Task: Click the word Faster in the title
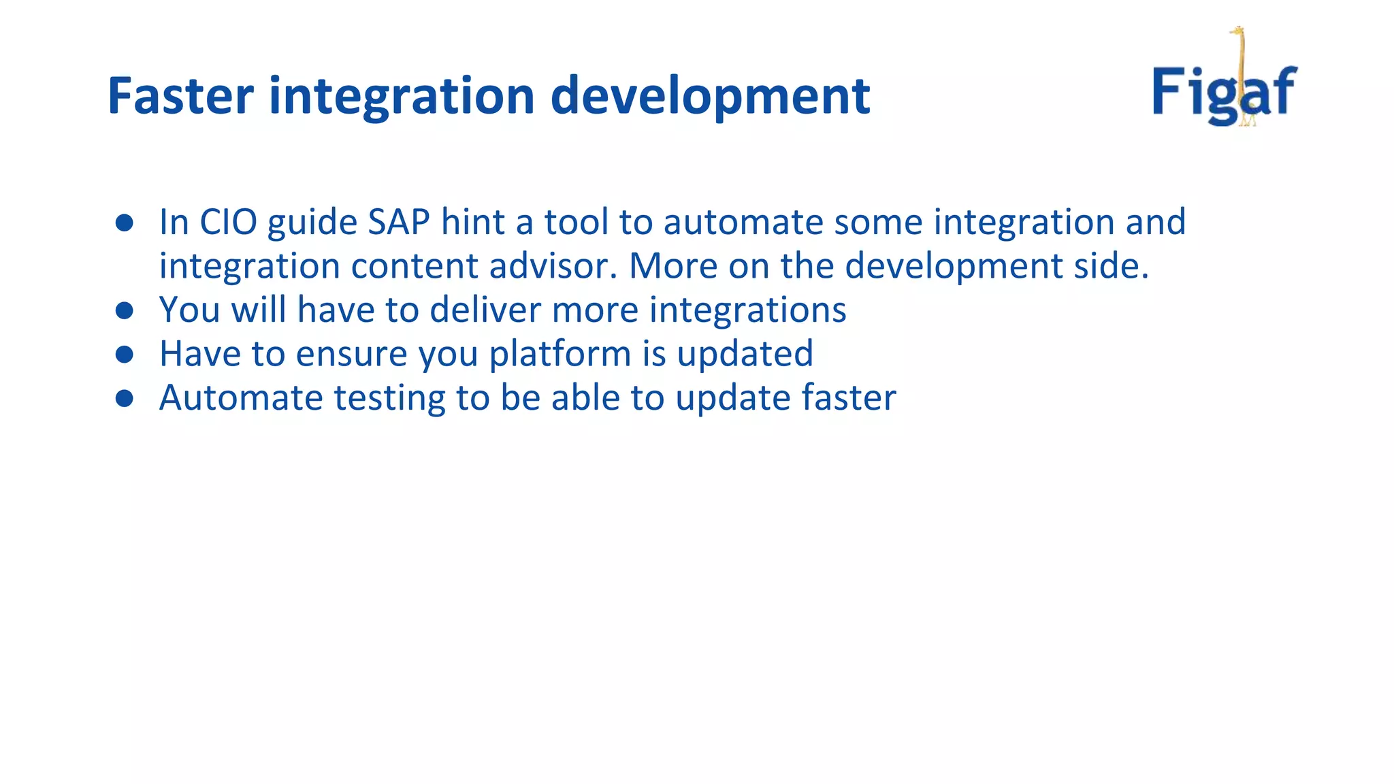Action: (180, 96)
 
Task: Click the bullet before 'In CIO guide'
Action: (124, 223)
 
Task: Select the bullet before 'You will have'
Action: (124, 311)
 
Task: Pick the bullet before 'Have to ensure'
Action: (124, 355)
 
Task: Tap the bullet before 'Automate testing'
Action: (124, 398)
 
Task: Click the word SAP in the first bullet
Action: (399, 223)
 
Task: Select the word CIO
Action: (228, 223)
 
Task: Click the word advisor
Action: (553, 266)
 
